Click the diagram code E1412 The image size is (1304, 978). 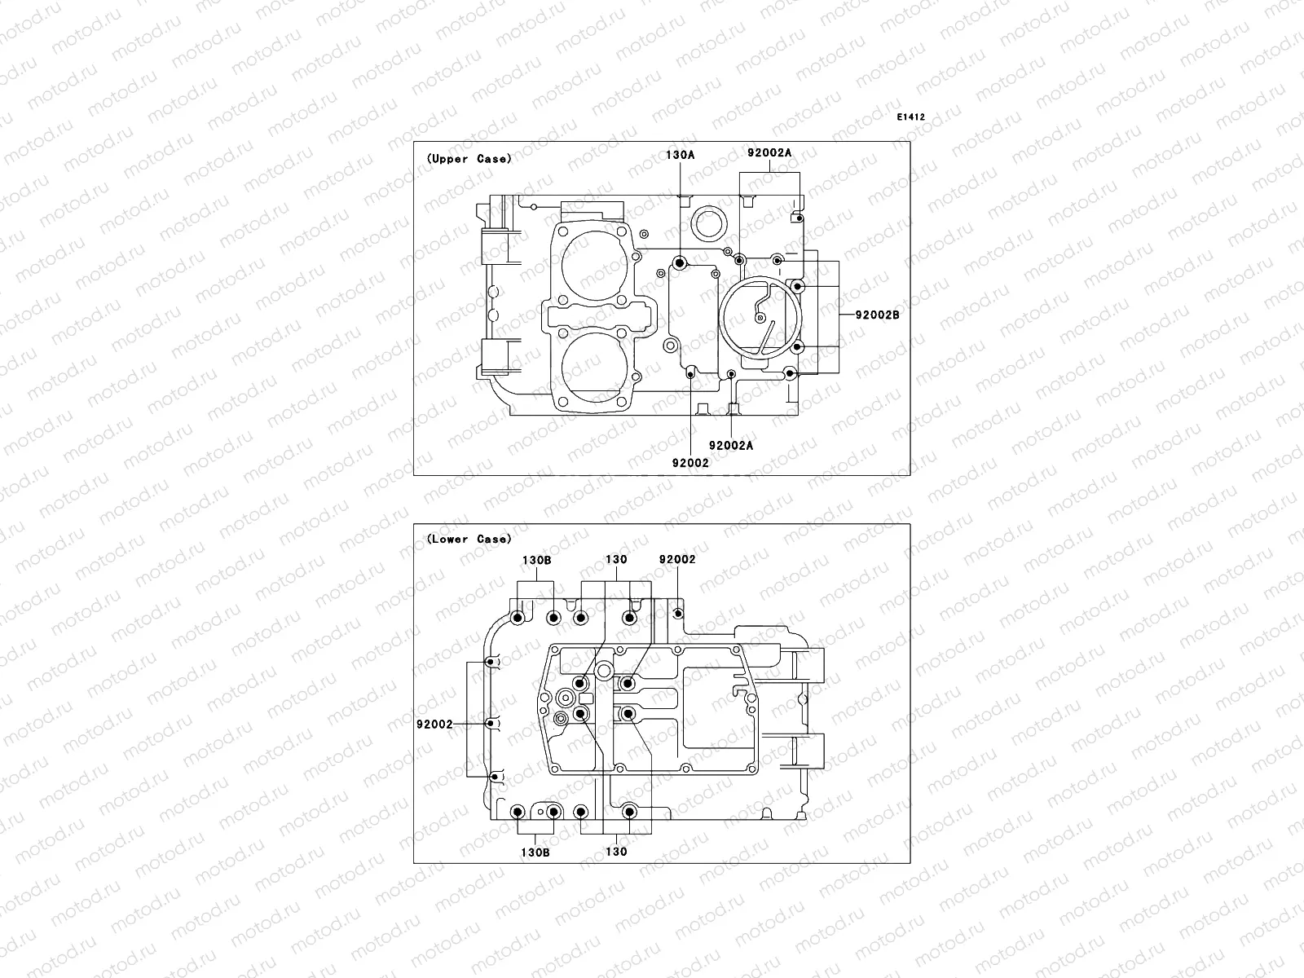(x=910, y=117)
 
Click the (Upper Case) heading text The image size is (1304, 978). (x=469, y=159)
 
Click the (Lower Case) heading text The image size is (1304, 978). (x=469, y=539)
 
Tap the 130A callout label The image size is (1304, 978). (x=681, y=154)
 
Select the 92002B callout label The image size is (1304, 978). (x=877, y=314)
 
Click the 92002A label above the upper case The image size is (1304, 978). (x=769, y=152)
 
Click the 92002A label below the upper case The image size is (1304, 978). (x=731, y=445)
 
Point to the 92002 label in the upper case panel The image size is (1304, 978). (x=690, y=462)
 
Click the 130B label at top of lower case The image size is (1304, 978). (x=536, y=560)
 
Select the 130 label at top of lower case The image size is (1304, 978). (x=616, y=560)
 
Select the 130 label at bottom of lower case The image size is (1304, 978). (x=616, y=852)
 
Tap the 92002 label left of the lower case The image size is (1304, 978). (x=434, y=723)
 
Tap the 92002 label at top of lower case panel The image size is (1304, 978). (x=677, y=560)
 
